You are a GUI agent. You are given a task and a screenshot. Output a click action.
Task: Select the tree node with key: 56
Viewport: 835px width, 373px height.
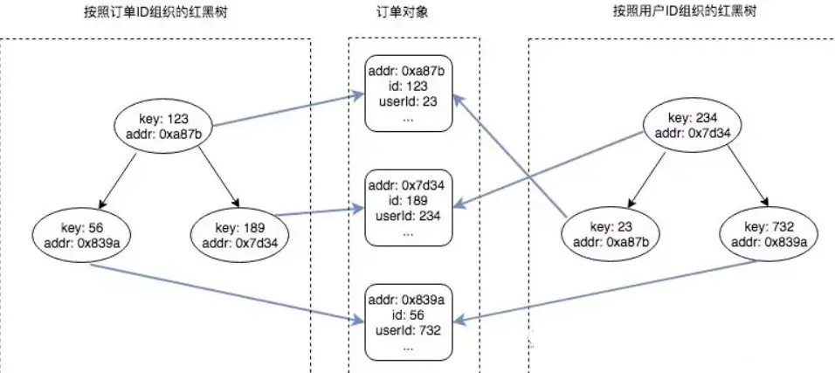[77, 234]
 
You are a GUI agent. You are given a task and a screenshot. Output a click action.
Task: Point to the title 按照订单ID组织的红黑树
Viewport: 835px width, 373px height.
[156, 13]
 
